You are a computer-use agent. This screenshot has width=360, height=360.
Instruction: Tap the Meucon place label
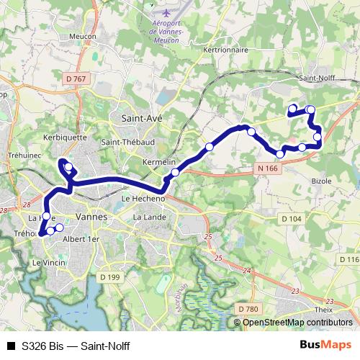point(83,36)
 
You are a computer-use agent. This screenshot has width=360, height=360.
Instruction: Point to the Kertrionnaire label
point(226,50)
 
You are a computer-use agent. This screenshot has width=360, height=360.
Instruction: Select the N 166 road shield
point(266,168)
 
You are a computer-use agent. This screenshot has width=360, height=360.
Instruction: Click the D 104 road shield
point(291,218)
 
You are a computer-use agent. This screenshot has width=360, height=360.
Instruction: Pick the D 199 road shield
point(109,276)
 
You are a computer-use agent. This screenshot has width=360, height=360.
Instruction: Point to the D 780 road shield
point(248,309)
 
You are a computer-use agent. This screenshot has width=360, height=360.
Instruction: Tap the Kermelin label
point(159,163)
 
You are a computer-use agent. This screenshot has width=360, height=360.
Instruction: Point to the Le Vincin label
point(48,264)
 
